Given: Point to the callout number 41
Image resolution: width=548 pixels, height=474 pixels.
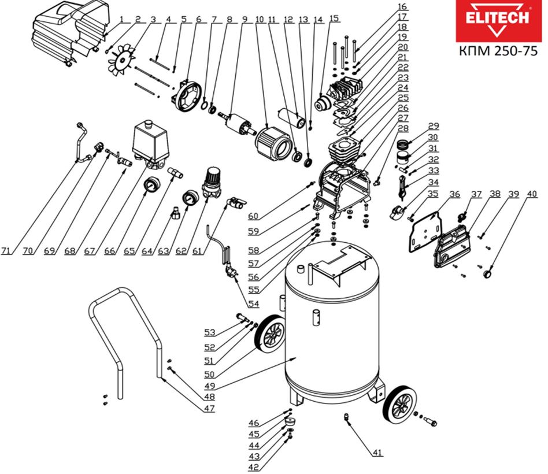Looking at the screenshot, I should [377, 453].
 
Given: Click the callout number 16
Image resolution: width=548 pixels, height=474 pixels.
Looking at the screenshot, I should [402, 7].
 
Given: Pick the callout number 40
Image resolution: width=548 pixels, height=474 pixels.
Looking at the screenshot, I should [531, 195].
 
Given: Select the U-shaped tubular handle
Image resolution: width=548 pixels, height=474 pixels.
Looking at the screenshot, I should [124, 335].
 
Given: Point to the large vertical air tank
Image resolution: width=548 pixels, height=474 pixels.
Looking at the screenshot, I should [332, 324].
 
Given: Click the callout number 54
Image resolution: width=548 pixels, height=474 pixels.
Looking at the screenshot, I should [253, 303].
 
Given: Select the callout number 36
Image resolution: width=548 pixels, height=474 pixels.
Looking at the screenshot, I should [455, 195].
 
